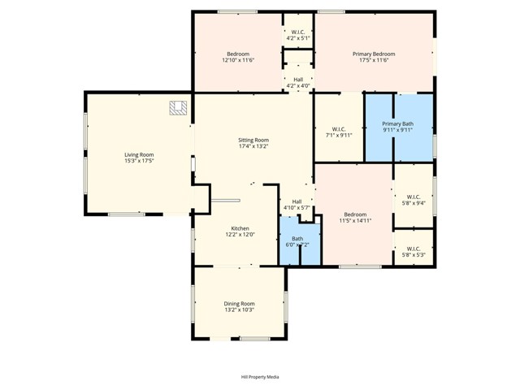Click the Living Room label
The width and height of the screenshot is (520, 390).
139,154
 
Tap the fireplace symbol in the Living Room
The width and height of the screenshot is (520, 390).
178,107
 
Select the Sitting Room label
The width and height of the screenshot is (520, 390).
253,140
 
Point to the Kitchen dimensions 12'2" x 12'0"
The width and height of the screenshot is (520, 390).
240,235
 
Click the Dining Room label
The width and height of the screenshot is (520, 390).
240,303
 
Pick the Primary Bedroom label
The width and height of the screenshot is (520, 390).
374,54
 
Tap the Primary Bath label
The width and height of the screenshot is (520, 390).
398,123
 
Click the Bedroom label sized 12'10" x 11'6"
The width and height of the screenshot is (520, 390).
238,54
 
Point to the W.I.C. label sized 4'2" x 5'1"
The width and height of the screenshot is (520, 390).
298,32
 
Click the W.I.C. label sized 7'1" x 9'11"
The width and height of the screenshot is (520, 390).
339,129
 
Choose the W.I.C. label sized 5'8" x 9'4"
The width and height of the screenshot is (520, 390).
413,197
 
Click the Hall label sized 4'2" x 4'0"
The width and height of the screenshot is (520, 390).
298,80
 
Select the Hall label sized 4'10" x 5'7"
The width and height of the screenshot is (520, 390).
297,201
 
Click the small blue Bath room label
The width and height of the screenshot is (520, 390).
297,238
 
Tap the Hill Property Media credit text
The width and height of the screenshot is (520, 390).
260,377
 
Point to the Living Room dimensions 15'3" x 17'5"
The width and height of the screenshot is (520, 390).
139,161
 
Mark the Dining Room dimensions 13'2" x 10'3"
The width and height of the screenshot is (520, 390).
240,310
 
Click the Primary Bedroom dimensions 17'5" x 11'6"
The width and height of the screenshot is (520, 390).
374,60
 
